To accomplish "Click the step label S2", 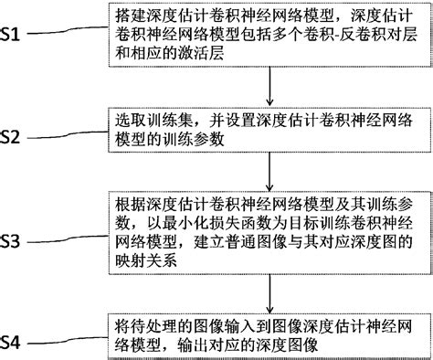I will (x=21, y=135).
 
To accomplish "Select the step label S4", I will (x=20, y=344).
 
